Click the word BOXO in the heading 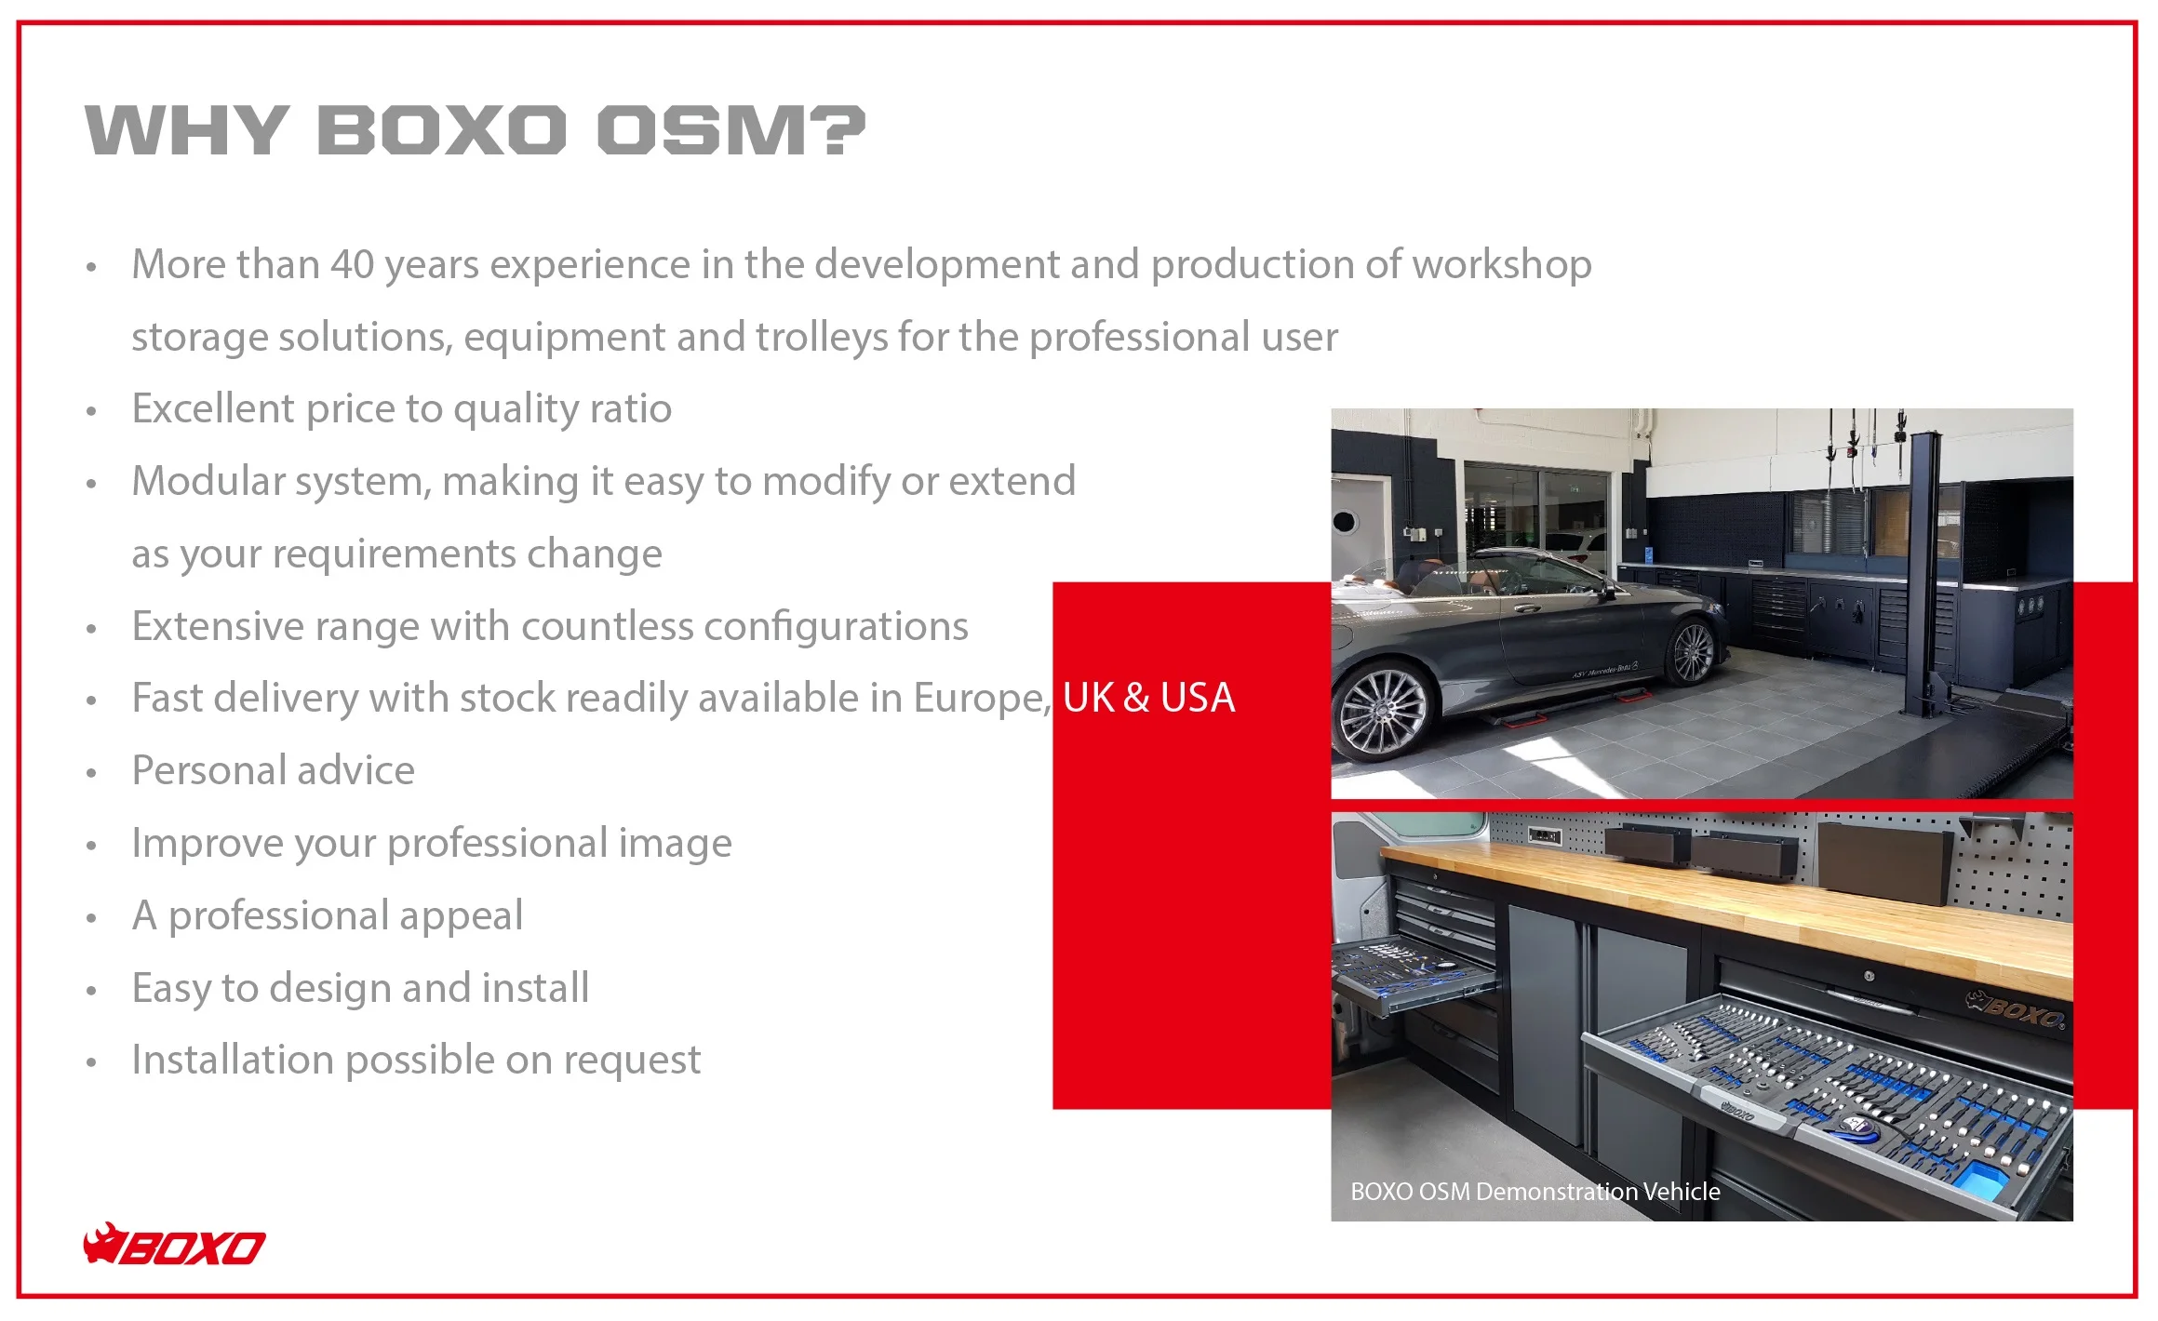(x=442, y=129)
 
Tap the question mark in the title (x=844, y=129)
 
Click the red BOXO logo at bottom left (x=174, y=1244)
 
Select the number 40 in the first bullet (x=353, y=264)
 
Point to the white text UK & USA (x=1148, y=698)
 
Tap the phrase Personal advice (x=274, y=770)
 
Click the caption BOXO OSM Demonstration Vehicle (x=1535, y=1192)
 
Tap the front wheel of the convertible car (x=1380, y=715)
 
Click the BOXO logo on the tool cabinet (x=2016, y=1008)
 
